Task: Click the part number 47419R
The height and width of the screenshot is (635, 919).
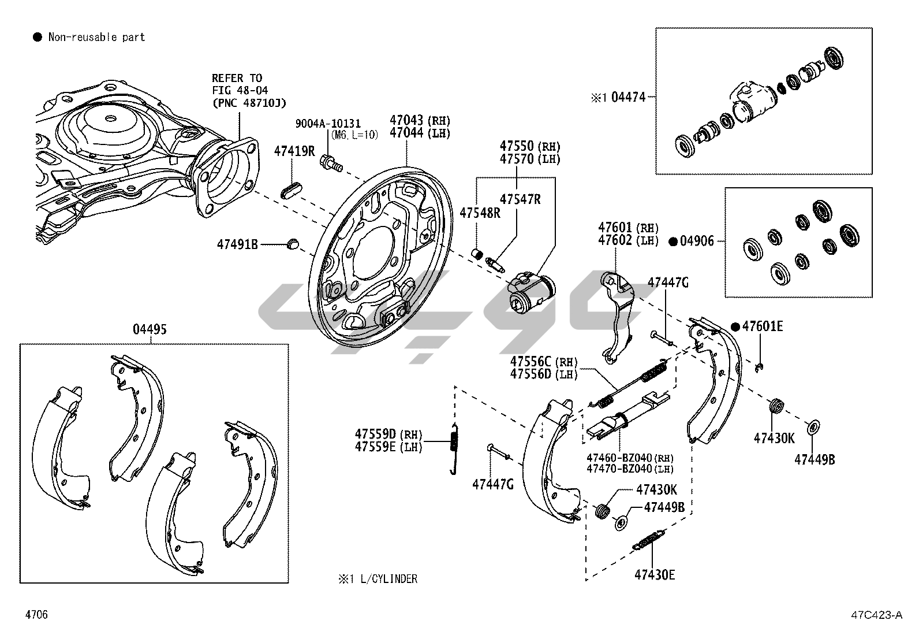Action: (x=294, y=151)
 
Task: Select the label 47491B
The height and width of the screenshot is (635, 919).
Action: (x=237, y=244)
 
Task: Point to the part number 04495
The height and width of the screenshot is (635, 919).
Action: (x=150, y=330)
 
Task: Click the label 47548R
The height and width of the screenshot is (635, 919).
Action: (x=480, y=213)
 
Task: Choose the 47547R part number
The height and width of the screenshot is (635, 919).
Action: (x=520, y=199)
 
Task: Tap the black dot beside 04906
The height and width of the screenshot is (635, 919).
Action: (x=673, y=242)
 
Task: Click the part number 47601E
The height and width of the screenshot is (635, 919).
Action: (x=763, y=326)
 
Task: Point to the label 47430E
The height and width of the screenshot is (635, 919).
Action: (x=655, y=574)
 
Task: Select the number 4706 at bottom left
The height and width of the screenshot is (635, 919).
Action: (x=36, y=615)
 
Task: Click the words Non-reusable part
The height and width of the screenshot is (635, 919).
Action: (x=96, y=38)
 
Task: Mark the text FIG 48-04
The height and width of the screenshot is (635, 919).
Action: (x=240, y=91)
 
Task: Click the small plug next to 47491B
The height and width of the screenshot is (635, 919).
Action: (x=293, y=243)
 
